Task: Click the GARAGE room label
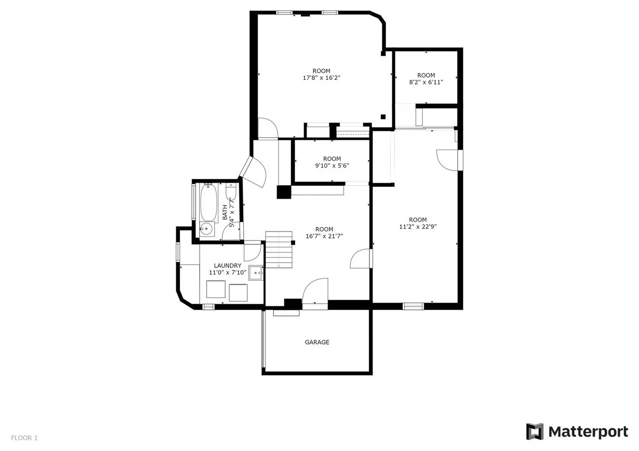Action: click(x=317, y=342)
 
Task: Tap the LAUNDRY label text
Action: click(x=228, y=266)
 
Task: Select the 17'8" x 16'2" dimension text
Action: click(x=321, y=78)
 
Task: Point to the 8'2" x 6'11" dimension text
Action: click(x=426, y=82)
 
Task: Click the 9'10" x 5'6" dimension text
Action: click(x=332, y=166)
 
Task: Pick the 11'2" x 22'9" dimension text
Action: click(x=418, y=226)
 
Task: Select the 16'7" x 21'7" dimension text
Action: click(x=324, y=236)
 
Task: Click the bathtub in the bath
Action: click(x=209, y=203)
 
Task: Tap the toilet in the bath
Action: click(x=231, y=191)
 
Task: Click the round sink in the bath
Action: click(x=206, y=229)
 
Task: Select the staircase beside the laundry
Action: click(x=279, y=250)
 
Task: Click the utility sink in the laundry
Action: click(x=256, y=273)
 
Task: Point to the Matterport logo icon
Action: click(x=535, y=432)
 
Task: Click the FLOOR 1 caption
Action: click(x=24, y=438)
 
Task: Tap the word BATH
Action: click(x=225, y=213)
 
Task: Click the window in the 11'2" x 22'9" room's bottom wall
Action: click(x=413, y=306)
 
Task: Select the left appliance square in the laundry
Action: click(x=216, y=289)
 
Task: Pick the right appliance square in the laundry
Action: click(x=238, y=292)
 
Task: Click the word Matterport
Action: click(x=588, y=432)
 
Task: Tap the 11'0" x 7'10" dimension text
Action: click(x=228, y=272)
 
